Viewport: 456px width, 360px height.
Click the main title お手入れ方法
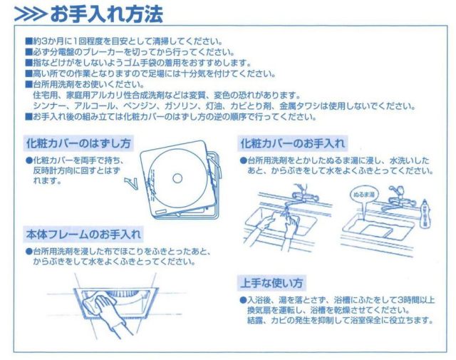point(106,14)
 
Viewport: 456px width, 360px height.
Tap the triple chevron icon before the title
point(30,14)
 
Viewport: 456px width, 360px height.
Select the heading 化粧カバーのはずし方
point(78,143)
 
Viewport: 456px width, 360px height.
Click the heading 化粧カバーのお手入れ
point(293,143)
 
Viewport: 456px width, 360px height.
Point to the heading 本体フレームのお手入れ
point(83,235)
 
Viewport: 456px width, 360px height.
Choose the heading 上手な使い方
point(271,282)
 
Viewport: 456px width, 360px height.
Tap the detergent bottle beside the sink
point(425,213)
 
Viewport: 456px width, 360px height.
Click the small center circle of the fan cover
point(177,178)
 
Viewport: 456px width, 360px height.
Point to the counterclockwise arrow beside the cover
point(131,183)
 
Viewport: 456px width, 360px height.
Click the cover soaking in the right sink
point(376,230)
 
